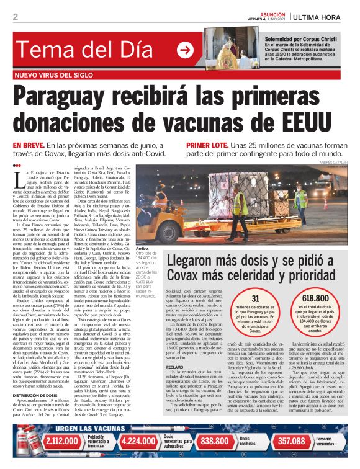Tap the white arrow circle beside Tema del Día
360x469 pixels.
point(185,50)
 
